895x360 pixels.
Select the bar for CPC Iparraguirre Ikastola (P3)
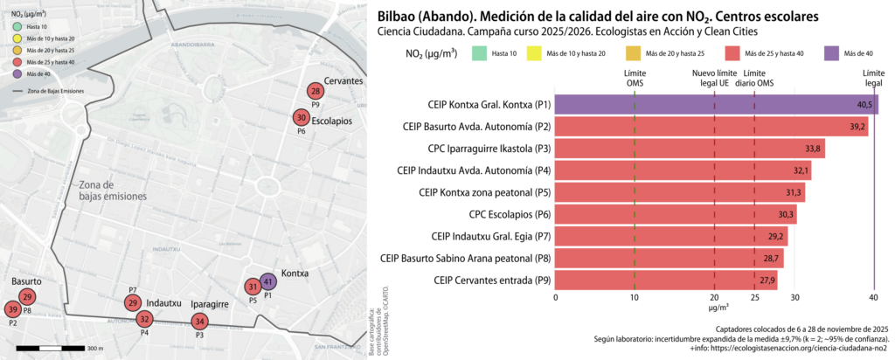pyautogui.click(x=690, y=149)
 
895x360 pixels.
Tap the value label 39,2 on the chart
pyautogui.click(x=857, y=127)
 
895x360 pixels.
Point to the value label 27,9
pyautogui.click(x=767, y=280)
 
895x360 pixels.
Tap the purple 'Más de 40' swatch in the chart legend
pyautogui.click(x=836, y=54)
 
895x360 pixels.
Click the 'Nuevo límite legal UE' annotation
pyautogui.click(x=715, y=78)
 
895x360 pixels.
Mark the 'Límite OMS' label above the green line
pyautogui.click(x=635, y=78)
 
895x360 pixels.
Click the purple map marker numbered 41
pyautogui.click(x=268, y=281)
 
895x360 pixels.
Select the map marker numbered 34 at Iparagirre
pyautogui.click(x=199, y=322)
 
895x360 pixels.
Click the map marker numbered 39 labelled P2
pyautogui.click(x=12, y=309)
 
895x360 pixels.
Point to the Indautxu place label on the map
pyautogui.click(x=163, y=302)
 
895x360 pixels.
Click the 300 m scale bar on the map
pyautogui.click(x=52, y=348)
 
